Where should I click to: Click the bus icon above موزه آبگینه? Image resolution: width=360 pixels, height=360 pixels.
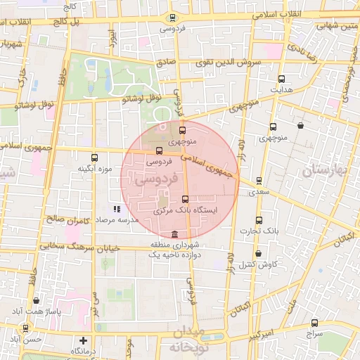click(x=95, y=157)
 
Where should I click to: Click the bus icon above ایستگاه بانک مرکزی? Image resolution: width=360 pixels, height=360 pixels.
click(x=185, y=199)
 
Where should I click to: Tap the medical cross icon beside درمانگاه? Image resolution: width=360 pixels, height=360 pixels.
click(x=84, y=341)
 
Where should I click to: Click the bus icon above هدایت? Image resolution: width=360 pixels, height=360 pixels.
click(x=282, y=79)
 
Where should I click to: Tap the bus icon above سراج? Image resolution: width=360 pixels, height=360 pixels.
click(x=314, y=323)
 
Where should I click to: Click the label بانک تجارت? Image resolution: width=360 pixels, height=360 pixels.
click(x=259, y=231)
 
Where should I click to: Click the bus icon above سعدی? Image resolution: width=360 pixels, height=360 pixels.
click(x=259, y=181)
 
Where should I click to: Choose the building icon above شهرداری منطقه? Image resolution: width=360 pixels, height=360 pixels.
click(x=174, y=234)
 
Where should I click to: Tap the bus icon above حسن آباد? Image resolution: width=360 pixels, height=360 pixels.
click(x=26, y=328)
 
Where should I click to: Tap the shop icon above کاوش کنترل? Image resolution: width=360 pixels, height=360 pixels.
click(x=258, y=254)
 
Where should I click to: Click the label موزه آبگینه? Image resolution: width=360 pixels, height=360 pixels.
click(x=96, y=169)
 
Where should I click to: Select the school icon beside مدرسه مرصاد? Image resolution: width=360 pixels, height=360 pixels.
click(x=117, y=209)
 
